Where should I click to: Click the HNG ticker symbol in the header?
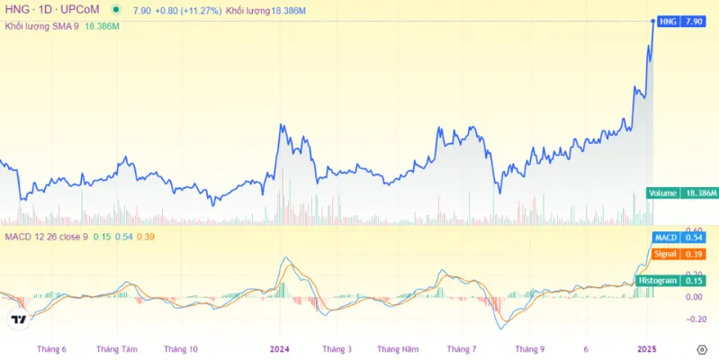pos(17,10)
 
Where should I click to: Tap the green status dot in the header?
pos(116,10)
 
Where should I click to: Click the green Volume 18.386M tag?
pos(681,193)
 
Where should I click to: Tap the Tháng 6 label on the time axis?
pos(51,348)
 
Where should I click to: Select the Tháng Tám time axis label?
pos(117,348)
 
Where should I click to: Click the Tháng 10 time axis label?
pos(181,348)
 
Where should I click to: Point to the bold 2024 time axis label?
pos(280,348)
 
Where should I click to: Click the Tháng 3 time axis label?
pos(337,348)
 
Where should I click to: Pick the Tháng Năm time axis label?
pos(398,348)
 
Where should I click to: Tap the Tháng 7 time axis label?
pos(461,348)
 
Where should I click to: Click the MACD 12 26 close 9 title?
pos(45,237)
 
